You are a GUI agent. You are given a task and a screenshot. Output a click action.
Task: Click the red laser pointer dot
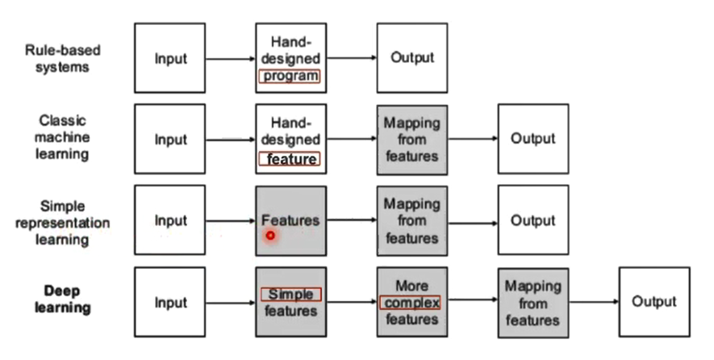[271, 236]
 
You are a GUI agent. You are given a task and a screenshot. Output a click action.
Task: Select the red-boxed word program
[290, 77]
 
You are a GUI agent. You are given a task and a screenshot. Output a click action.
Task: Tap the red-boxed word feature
[290, 159]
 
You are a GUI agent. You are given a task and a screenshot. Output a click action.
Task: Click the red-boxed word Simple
[290, 295]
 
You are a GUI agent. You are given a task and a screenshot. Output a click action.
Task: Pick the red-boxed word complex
[411, 303]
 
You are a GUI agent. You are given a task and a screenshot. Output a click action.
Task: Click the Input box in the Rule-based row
[170, 58]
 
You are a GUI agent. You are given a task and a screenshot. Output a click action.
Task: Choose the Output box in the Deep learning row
[654, 302]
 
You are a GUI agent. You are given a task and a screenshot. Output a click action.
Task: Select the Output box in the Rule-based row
[411, 58]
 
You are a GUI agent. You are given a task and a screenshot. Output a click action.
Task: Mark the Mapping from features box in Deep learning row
[532, 303]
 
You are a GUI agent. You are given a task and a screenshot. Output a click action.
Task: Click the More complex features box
[411, 303]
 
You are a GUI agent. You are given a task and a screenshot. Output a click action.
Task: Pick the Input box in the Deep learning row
[170, 303]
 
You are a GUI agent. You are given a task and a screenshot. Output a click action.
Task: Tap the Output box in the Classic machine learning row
[532, 139]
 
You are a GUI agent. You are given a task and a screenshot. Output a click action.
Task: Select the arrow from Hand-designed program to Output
[351, 58]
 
